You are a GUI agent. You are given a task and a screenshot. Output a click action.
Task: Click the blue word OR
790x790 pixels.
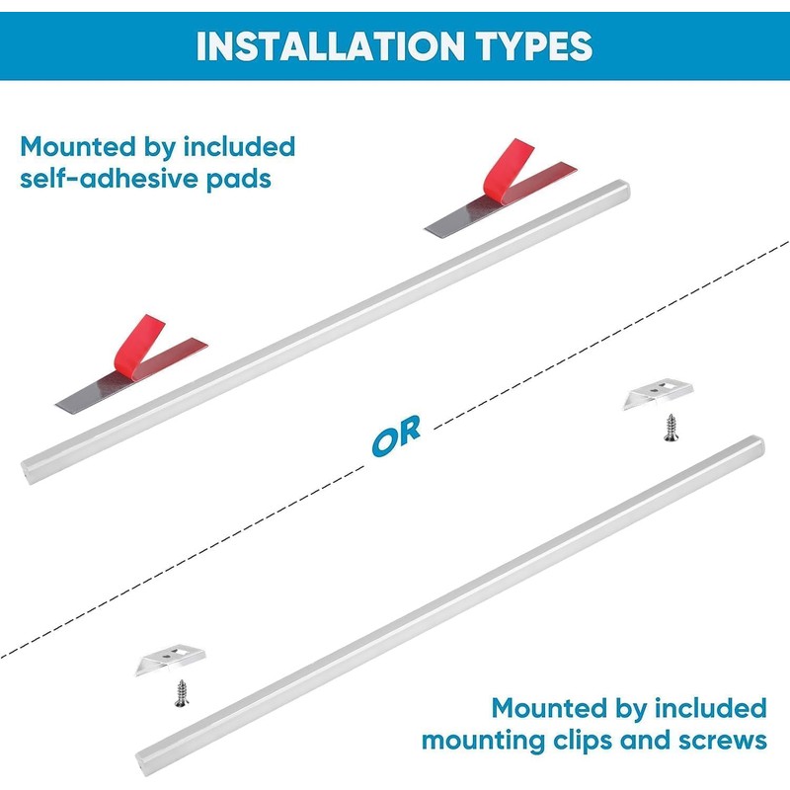click(x=396, y=434)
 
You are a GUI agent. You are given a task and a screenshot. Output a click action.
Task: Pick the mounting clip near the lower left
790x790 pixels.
click(x=169, y=660)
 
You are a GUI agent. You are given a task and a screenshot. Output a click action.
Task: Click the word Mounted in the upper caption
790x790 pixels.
click(x=75, y=148)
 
